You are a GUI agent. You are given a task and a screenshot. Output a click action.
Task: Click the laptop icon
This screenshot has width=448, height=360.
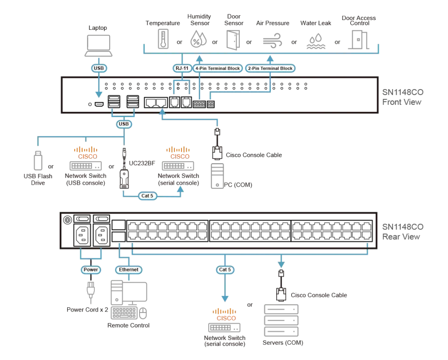[x=98, y=46]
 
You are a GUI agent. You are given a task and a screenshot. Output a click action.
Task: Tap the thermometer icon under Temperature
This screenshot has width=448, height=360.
[x=163, y=39]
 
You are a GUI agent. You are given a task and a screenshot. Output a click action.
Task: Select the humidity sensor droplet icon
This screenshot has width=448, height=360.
[x=198, y=39]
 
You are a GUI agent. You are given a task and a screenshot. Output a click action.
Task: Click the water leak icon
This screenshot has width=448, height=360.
[x=316, y=42]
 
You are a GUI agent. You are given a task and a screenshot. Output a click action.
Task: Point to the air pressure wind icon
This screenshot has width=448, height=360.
[x=272, y=41]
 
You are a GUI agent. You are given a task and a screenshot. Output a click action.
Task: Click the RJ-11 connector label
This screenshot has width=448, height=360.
[x=182, y=68]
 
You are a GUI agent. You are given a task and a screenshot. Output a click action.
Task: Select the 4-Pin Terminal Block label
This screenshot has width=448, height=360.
[x=218, y=69]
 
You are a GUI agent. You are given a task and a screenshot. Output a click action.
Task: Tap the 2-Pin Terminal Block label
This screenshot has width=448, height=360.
[x=270, y=69]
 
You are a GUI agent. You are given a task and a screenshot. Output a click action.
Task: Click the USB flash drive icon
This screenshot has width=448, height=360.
[x=38, y=160]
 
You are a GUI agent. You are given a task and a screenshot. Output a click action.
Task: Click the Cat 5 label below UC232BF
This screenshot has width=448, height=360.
[x=147, y=196]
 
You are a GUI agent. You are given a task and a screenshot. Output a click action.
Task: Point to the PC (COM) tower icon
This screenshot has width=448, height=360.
[x=217, y=176]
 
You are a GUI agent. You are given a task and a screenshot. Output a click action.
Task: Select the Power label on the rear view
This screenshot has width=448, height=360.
[x=91, y=270]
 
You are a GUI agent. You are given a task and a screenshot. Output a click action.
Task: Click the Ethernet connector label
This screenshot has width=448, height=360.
[x=129, y=270]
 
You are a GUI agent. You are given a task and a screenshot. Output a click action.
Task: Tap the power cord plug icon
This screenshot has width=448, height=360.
[x=91, y=291]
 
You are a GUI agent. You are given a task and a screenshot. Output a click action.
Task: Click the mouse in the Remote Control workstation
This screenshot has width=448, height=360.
[x=143, y=313]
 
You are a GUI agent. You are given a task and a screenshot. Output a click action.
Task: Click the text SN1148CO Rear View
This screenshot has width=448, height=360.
[x=403, y=232]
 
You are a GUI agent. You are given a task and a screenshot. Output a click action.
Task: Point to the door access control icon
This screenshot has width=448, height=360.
[x=358, y=40]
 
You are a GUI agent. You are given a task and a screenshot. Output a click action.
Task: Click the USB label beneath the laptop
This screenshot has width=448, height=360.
[x=99, y=68]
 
